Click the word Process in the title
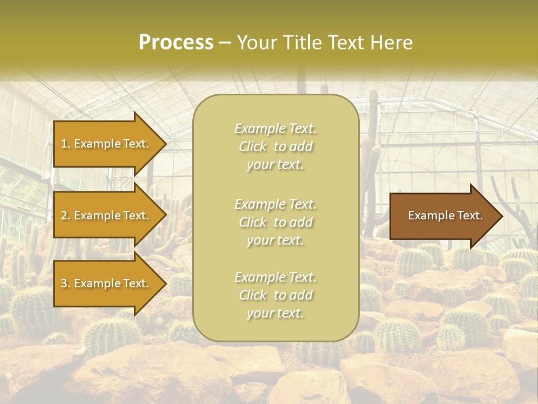(176, 43)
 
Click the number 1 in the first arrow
(64, 144)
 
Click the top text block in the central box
(275, 146)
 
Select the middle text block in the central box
(275, 222)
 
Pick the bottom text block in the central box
(275, 295)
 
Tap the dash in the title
(225, 43)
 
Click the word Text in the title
(347, 43)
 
